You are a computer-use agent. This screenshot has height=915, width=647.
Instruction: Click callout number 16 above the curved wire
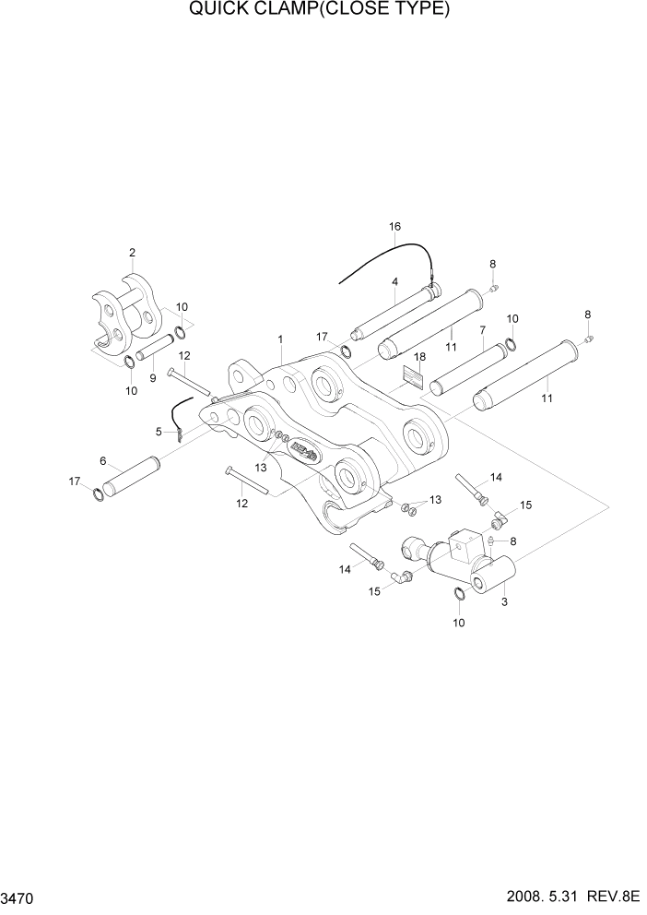click(394, 227)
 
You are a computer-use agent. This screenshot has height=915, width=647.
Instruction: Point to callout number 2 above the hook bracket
click(132, 252)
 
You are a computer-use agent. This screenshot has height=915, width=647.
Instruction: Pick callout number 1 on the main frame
click(279, 340)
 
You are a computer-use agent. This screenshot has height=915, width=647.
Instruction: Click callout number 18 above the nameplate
click(418, 357)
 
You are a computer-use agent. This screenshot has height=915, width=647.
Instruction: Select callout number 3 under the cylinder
click(504, 601)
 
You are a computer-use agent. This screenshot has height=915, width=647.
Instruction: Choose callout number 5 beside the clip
click(159, 431)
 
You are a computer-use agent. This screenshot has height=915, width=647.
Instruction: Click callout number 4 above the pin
click(394, 282)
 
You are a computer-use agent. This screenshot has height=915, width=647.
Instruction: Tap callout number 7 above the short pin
click(481, 330)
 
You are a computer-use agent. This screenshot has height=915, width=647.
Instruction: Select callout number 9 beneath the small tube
click(153, 377)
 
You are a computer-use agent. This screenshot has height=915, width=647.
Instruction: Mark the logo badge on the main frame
click(303, 450)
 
